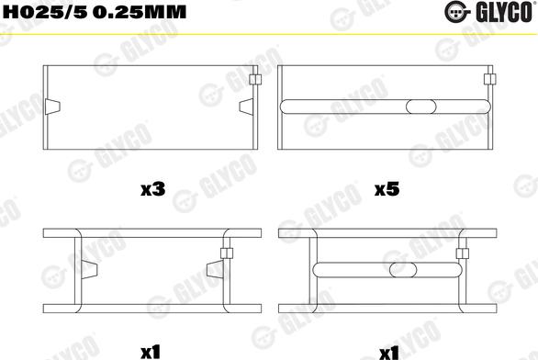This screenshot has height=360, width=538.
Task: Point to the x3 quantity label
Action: coord(151,190)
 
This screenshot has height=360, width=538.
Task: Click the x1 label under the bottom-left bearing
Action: coord(151,349)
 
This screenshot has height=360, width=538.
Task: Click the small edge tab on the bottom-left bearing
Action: coord(223,249)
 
